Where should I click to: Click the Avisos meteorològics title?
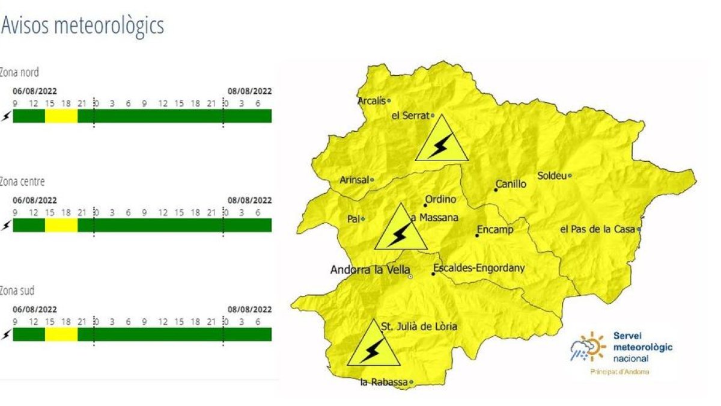click(82, 26)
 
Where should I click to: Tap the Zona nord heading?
click(20, 73)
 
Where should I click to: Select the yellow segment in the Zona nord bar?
click(61, 116)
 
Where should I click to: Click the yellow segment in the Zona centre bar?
click(61, 225)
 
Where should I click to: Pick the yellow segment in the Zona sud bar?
click(61, 334)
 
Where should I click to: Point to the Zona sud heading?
click(17, 291)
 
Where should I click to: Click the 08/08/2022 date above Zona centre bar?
click(249, 200)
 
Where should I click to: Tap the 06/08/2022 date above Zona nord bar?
click(35, 91)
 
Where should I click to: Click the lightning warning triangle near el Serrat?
click(442, 140)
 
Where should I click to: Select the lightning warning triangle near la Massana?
click(401, 229)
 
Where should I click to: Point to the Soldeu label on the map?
click(552, 176)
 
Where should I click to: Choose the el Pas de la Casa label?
click(598, 229)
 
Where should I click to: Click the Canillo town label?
click(511, 184)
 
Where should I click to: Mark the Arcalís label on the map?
click(371, 100)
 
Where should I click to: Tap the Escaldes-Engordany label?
click(478, 268)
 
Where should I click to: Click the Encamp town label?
click(495, 229)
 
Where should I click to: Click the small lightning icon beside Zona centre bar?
click(6, 226)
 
